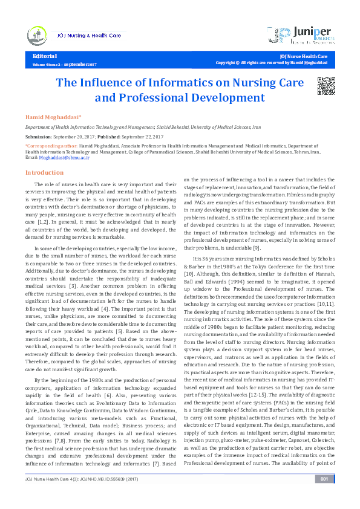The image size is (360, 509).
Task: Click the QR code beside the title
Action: tap(326, 87)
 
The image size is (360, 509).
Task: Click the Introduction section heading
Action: tap(44, 172)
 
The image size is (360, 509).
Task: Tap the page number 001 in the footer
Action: tap(324, 496)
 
